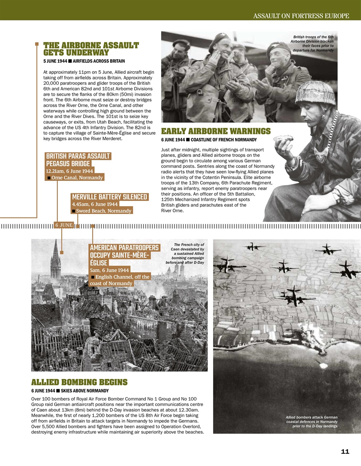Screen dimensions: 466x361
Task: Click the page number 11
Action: click(x=345, y=451)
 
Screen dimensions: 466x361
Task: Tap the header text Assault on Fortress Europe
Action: click(x=301, y=16)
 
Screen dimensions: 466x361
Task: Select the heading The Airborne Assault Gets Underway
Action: click(x=91, y=49)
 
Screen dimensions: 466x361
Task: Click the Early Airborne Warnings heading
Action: click(x=216, y=131)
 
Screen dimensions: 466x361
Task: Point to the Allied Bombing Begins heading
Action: click(x=79, y=382)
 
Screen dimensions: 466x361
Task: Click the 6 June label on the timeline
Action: click(x=64, y=225)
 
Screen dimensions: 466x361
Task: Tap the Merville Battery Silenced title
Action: click(x=110, y=197)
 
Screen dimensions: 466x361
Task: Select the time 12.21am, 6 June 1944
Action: click(x=70, y=171)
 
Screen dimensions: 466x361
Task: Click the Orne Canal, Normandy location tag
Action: click(x=77, y=178)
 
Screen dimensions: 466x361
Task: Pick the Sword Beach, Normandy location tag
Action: click(x=103, y=211)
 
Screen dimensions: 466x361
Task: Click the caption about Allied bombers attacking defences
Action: click(x=312, y=422)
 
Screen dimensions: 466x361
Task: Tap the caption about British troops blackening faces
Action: click(x=312, y=44)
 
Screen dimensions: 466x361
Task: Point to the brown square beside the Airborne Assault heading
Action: click(x=37, y=44)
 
